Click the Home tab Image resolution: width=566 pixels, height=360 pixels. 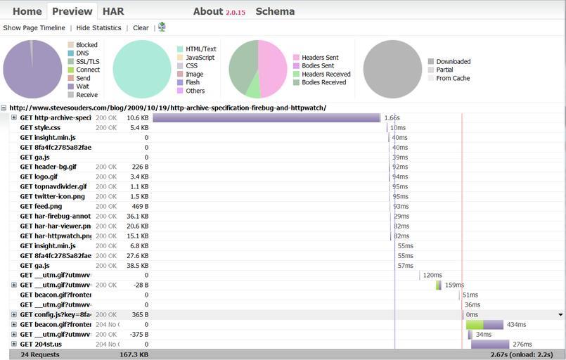pyautogui.click(x=27, y=11)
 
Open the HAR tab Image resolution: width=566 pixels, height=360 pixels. pyautogui.click(x=113, y=11)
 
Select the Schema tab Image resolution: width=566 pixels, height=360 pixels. pyautogui.click(x=275, y=11)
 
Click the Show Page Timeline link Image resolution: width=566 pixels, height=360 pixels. pyautogui.click(x=34, y=28)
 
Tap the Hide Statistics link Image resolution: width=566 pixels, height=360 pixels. pyautogui.click(x=98, y=28)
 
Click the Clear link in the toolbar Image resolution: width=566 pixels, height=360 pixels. pyautogui.click(x=141, y=28)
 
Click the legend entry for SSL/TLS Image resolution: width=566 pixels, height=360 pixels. pyautogui.click(x=87, y=62)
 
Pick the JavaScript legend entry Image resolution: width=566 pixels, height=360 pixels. pyautogui.click(x=200, y=58)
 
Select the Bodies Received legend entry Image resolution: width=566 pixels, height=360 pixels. pyautogui.click(x=323, y=82)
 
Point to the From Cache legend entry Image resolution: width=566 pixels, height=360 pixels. pyautogui.click(x=453, y=78)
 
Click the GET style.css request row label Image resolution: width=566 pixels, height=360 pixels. pyautogui.click(x=40, y=128)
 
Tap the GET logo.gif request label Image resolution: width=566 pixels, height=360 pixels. pyautogui.click(x=39, y=177)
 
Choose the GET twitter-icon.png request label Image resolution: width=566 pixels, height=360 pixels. pyautogui.click(x=52, y=197)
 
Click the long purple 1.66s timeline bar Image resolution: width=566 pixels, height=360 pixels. pyautogui.click(x=266, y=118)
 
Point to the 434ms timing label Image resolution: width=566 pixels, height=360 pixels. pyautogui.click(x=516, y=325)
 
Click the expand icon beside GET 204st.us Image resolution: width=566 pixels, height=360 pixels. pyautogui.click(x=14, y=345)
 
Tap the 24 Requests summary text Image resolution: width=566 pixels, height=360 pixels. pyautogui.click(x=40, y=354)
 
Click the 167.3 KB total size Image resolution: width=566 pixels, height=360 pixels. pyautogui.click(x=134, y=354)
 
